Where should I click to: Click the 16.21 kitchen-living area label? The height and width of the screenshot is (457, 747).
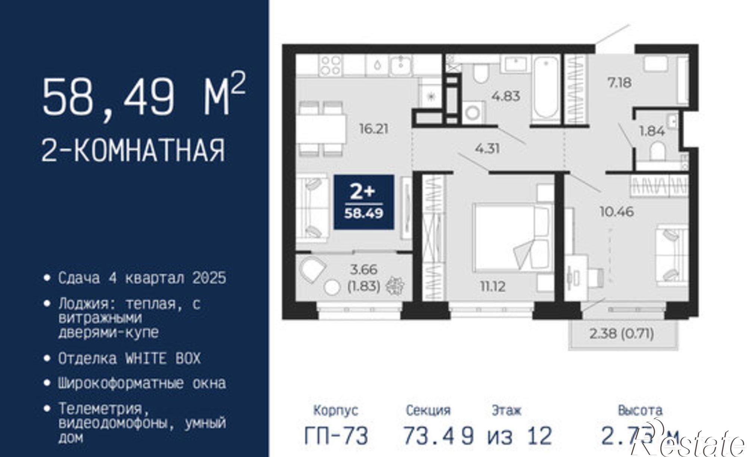(x=373, y=129)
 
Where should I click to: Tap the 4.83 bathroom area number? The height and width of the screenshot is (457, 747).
(x=506, y=96)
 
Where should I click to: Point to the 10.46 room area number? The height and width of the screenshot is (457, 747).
(x=617, y=212)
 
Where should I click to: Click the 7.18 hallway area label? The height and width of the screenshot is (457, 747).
(x=619, y=83)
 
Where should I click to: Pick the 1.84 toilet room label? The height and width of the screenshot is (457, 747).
(x=652, y=131)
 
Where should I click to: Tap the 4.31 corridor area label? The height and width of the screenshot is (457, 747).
(x=487, y=149)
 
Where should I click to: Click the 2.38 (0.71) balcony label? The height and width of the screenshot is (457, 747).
(x=622, y=333)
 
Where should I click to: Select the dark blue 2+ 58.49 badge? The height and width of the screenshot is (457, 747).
(x=364, y=202)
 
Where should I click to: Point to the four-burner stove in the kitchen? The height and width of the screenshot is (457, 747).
(x=331, y=65)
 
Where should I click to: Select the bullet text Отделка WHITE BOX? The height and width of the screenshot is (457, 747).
(x=129, y=358)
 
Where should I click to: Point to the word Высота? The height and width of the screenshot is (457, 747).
(x=640, y=410)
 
